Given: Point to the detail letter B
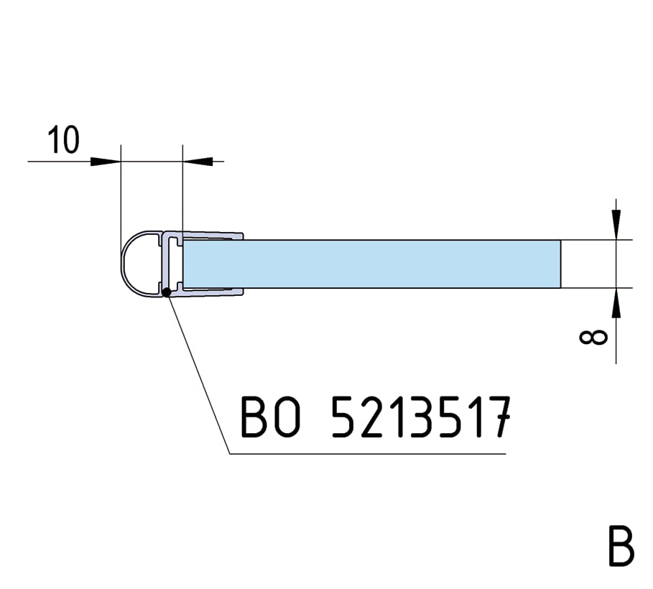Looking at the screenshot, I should click(621, 547).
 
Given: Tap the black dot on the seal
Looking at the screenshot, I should click(167, 292).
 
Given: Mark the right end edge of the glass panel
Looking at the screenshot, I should click(560, 264).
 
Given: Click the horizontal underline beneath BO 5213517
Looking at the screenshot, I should click(367, 454).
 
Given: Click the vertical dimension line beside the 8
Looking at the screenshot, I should click(616, 264).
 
